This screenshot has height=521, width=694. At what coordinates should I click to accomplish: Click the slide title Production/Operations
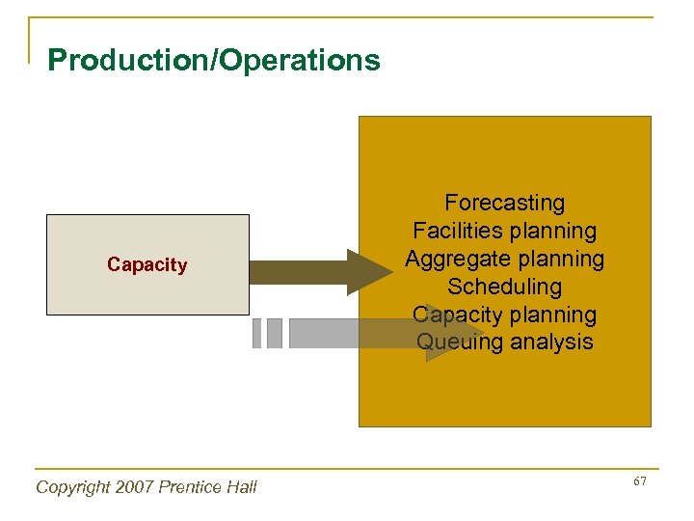[213, 61]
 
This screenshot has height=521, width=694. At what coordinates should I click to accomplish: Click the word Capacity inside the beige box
[147, 264]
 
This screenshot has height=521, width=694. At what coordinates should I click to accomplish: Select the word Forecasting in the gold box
[504, 203]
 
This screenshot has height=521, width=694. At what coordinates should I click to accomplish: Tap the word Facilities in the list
[455, 231]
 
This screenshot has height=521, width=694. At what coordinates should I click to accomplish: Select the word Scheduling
[504, 287]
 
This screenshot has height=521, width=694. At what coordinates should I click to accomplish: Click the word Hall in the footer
[243, 487]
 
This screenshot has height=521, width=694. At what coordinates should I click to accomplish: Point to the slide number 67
[639, 481]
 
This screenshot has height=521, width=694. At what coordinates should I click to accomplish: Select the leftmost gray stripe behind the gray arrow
[256, 333]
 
